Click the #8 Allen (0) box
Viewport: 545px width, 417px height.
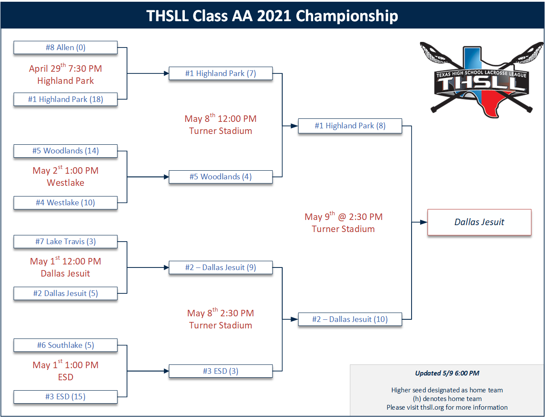point(66,48)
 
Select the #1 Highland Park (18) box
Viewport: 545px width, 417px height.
point(66,99)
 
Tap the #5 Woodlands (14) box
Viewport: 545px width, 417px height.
point(66,151)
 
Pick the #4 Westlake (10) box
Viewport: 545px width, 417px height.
point(66,203)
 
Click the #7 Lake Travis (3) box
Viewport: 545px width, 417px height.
point(66,242)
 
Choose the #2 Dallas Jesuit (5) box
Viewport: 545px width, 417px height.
point(66,293)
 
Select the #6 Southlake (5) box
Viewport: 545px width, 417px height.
point(66,345)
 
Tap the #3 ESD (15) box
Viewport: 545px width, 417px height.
point(66,397)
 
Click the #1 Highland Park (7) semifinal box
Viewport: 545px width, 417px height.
point(221,73)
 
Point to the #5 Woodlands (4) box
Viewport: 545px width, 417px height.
point(221,177)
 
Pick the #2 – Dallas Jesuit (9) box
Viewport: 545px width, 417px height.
point(221,267)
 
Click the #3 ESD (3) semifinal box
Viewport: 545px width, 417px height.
point(221,371)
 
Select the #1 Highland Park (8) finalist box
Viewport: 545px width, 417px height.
point(350,126)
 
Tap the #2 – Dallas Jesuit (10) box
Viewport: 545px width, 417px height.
point(350,319)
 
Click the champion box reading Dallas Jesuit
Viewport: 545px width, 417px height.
point(479,222)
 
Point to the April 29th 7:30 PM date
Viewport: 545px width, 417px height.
point(66,68)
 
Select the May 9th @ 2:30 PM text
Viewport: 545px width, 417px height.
point(344,216)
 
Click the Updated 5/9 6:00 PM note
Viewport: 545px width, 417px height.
point(447,373)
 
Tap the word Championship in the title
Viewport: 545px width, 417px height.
point(347,16)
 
